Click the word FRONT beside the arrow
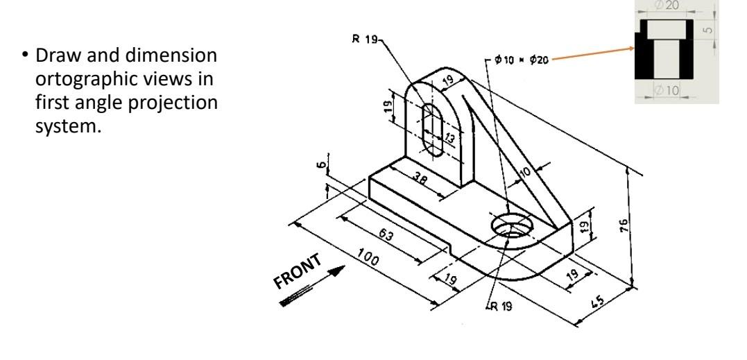[x=298, y=271]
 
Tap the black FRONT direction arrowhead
[x=336, y=271]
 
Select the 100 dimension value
[x=368, y=257]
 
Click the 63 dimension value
[x=386, y=234]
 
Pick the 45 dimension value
[x=597, y=301]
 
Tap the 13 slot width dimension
[x=449, y=139]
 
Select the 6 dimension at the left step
[x=322, y=165]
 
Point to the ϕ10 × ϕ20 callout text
[x=522, y=60]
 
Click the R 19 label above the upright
[x=366, y=39]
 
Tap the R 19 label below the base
[x=500, y=306]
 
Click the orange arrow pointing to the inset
[x=593, y=53]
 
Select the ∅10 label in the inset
[x=667, y=89]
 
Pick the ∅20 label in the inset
[x=667, y=6]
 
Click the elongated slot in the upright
[x=433, y=130]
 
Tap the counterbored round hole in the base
[x=511, y=225]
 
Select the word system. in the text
[x=68, y=127]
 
